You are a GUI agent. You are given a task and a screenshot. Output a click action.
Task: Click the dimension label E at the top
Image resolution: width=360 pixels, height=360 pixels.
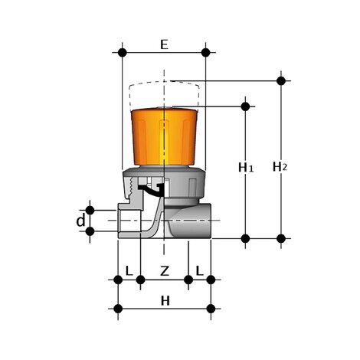pos(164,44)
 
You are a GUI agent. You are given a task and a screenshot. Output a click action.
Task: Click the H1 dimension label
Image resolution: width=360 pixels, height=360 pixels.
pos(245,166)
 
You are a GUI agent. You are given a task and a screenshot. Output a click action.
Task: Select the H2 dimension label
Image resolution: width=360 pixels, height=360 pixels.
pos(280,166)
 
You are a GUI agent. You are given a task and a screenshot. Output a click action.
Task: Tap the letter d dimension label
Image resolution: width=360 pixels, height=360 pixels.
pos(80,221)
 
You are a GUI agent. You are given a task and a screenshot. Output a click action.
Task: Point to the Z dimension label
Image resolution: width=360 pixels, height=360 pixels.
pos(164,270)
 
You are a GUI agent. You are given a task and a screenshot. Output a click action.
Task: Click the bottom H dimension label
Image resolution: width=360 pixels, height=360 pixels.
pos(164,301)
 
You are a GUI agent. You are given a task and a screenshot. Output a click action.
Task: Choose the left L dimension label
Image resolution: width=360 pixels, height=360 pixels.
pos(129,270)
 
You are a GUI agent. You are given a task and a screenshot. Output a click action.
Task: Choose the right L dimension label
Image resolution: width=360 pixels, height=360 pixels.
pos(199,270)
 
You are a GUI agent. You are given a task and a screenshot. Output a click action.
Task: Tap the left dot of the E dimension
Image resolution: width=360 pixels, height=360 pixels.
pos(122,53)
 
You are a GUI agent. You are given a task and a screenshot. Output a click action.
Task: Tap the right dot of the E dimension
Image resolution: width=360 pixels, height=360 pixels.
pos(205,53)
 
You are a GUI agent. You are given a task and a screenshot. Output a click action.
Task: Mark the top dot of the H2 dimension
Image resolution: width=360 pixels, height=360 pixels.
pos(281,80)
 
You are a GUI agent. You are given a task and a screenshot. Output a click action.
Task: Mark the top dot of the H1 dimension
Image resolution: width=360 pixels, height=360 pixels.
pos(245,106)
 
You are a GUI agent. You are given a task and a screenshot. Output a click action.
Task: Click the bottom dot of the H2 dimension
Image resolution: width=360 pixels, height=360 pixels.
pos(281,238)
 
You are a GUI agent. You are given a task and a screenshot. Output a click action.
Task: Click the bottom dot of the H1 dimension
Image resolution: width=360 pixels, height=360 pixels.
pos(245,238)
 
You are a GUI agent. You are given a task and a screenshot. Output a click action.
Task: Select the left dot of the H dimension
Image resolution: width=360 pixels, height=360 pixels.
pos(118,309)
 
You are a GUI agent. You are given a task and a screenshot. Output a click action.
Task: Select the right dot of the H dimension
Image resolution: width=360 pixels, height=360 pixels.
pos(211,309)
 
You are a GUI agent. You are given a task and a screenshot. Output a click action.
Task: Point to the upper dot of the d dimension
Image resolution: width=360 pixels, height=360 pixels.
pos(90,209)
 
